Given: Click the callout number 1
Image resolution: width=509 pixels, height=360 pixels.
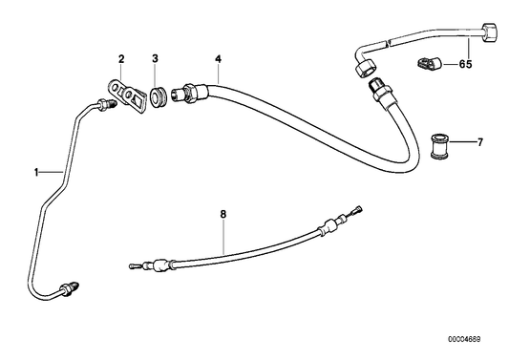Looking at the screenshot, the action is pyautogui.click(x=36, y=173).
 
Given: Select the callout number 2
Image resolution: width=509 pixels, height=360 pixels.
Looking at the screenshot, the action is pyautogui.click(x=121, y=59).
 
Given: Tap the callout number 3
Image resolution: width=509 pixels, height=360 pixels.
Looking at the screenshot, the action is pyautogui.click(x=155, y=59).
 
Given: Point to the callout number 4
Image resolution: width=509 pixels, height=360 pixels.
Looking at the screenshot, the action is pyautogui.click(x=218, y=59).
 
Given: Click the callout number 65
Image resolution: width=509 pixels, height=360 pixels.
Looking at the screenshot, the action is pyautogui.click(x=465, y=65).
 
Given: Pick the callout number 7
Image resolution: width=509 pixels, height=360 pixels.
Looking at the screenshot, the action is pyautogui.click(x=479, y=142).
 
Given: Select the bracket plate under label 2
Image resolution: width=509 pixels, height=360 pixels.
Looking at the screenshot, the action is pyautogui.click(x=124, y=95).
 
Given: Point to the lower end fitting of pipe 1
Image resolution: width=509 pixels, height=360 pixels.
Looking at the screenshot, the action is pyautogui.click(x=72, y=286).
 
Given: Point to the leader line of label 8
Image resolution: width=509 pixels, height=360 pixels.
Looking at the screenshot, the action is pyautogui.click(x=223, y=234).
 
